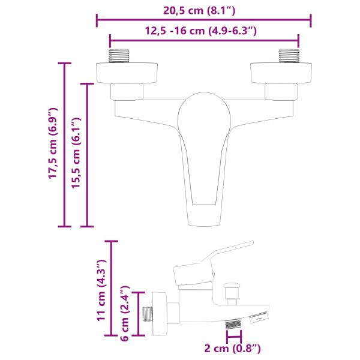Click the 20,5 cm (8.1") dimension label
203,10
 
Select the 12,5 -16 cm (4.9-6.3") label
203,31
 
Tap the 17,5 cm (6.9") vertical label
53,144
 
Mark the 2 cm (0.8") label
233,348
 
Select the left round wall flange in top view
127,72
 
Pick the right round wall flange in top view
282,72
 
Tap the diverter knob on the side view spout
229,292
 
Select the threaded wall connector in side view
147,314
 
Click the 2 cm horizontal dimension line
233,337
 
